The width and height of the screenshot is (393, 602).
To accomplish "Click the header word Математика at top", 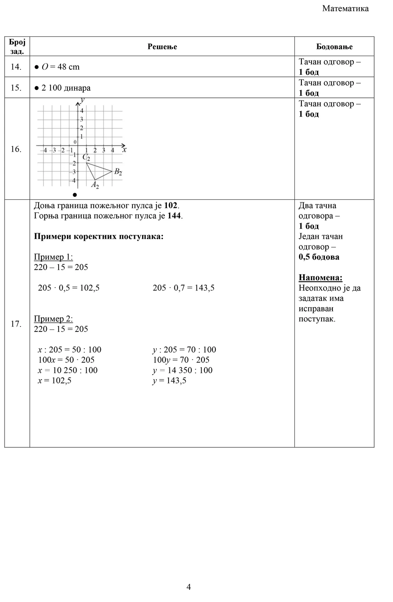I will (345, 9).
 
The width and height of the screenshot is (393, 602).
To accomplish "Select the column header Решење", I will (162, 47).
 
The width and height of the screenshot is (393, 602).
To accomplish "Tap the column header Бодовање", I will (334, 47).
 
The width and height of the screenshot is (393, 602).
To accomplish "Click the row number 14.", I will (16, 67).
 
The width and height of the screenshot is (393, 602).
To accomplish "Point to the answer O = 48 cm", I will (60, 67).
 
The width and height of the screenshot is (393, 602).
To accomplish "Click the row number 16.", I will (16, 149).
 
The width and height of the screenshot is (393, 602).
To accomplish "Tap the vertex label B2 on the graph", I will (118, 172).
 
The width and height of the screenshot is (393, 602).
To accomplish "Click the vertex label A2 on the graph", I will (95, 184).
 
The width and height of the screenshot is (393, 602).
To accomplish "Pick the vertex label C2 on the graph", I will (86, 157).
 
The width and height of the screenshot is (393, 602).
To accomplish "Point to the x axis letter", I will (124, 148).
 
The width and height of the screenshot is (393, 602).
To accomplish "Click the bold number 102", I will (171, 206).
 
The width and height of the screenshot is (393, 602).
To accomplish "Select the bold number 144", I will (174, 216).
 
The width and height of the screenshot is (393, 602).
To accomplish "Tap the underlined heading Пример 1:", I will (53, 257).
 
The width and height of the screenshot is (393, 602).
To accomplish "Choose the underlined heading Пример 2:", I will (53, 319).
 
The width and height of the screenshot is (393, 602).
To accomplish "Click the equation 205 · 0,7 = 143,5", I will (184, 288).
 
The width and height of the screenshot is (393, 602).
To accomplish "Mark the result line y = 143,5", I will (169, 381).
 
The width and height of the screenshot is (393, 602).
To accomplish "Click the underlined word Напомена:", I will (320, 278).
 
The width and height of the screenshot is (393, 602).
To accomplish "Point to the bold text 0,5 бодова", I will (319, 257).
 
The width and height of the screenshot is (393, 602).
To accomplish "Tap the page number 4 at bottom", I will (189, 587).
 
